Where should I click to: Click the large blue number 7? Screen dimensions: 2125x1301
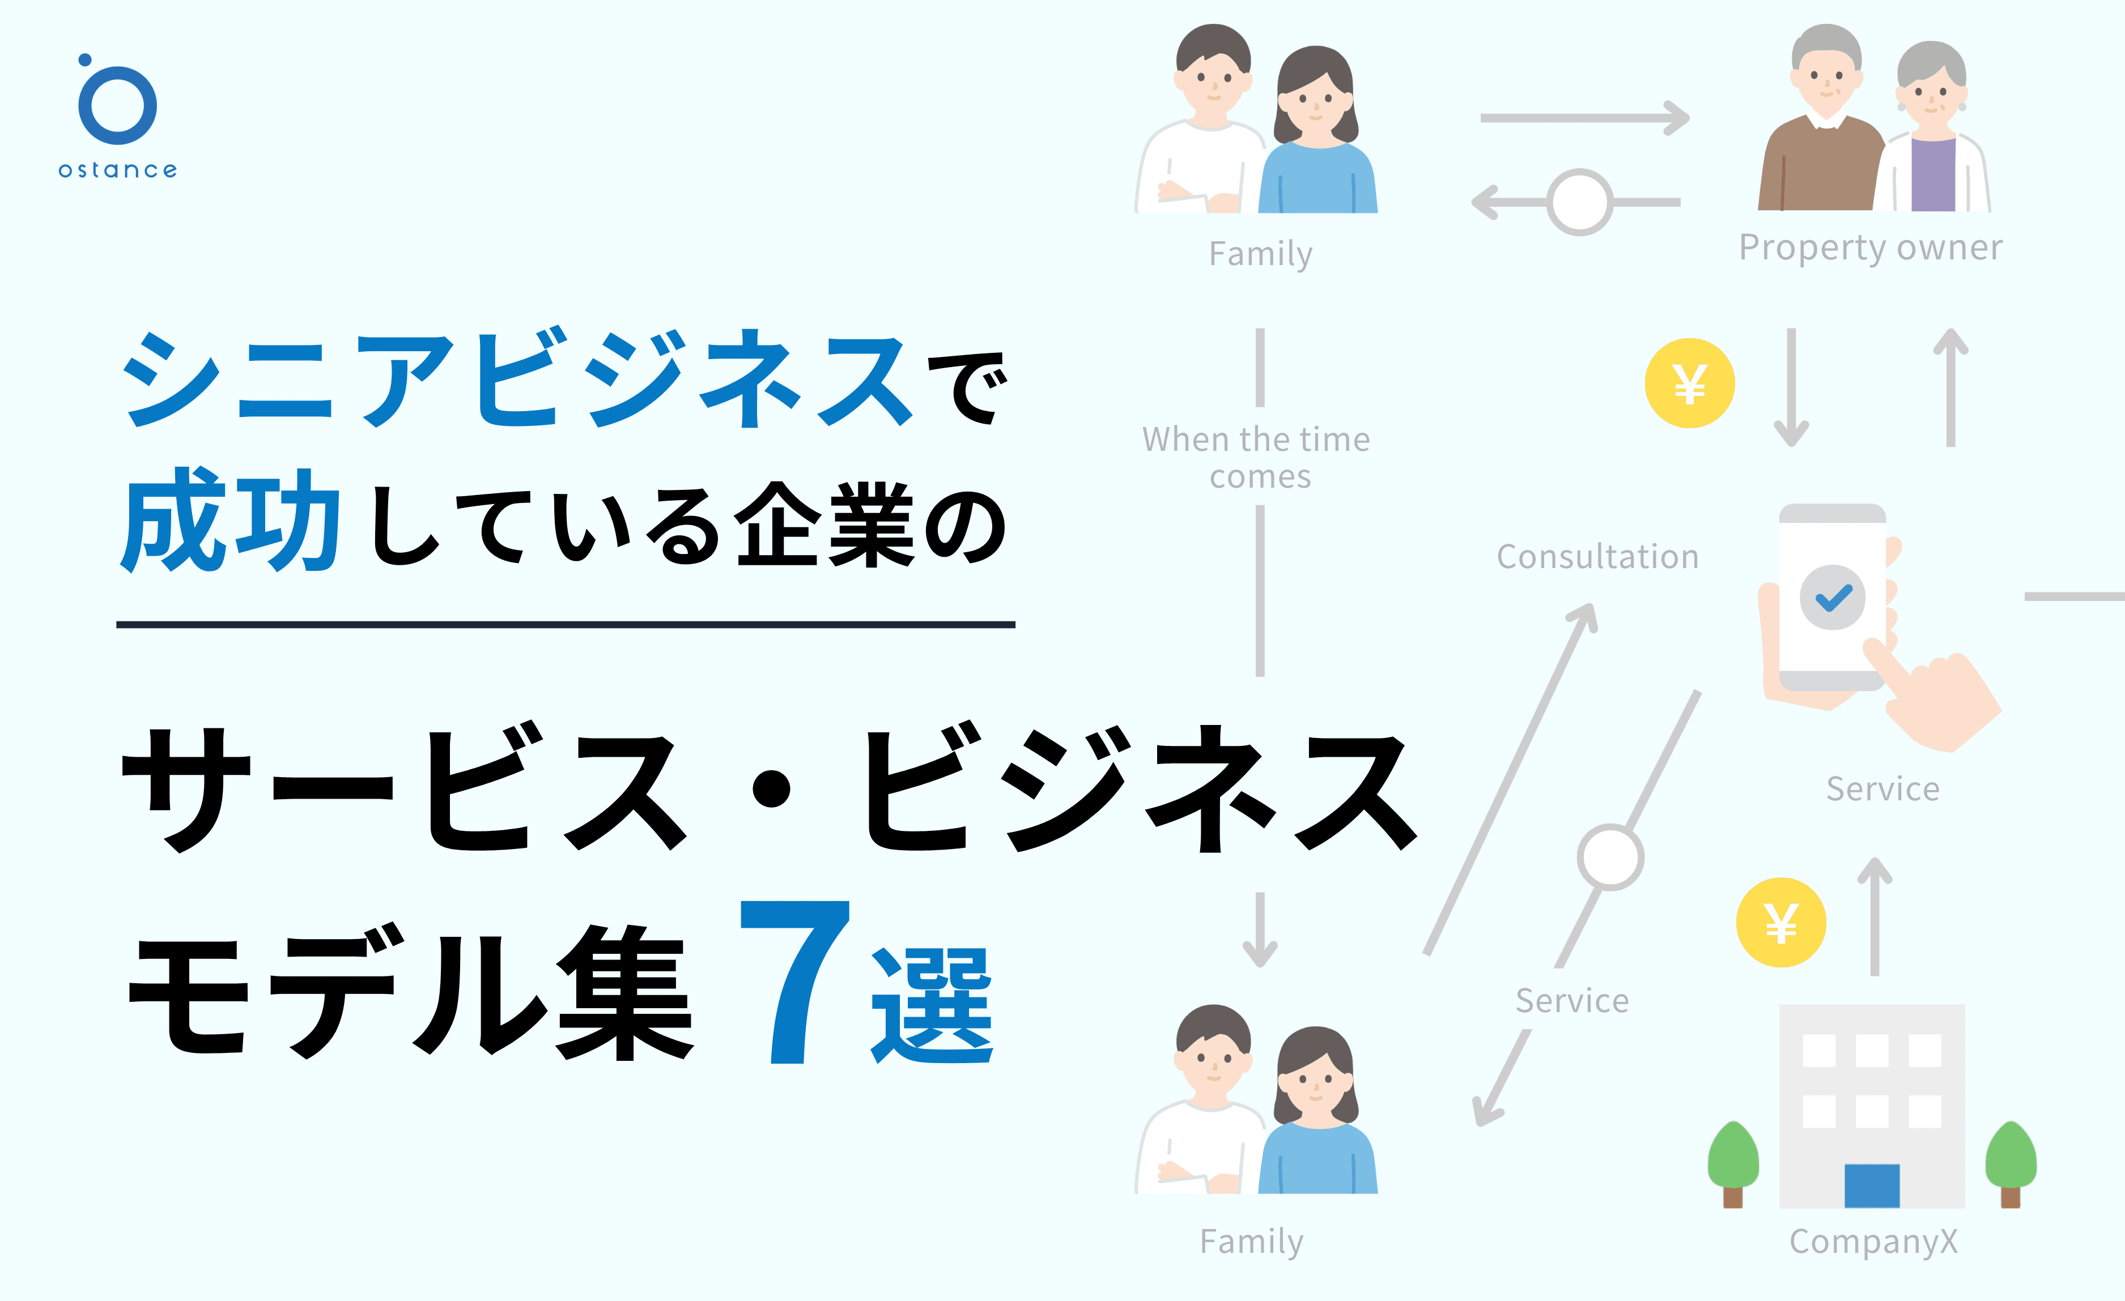(x=795, y=981)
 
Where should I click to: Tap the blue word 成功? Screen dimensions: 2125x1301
(x=231, y=521)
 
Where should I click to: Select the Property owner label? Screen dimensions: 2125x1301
(x=1870, y=248)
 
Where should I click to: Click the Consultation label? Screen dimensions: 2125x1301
(x=1597, y=556)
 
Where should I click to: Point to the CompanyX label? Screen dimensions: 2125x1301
(x=1873, y=1242)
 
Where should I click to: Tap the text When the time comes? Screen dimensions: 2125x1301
(x=1256, y=458)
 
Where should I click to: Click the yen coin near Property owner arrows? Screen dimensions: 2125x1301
(x=1689, y=383)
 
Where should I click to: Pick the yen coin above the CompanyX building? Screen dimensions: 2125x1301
(x=1781, y=923)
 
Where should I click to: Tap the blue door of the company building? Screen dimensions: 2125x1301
(x=1872, y=1185)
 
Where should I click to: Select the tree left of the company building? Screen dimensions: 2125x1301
(x=1733, y=1164)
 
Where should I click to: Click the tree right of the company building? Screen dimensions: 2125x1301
(x=2011, y=1164)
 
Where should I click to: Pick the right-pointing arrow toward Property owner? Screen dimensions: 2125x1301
(x=1585, y=118)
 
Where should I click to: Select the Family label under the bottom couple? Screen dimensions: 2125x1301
(x=1251, y=1242)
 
